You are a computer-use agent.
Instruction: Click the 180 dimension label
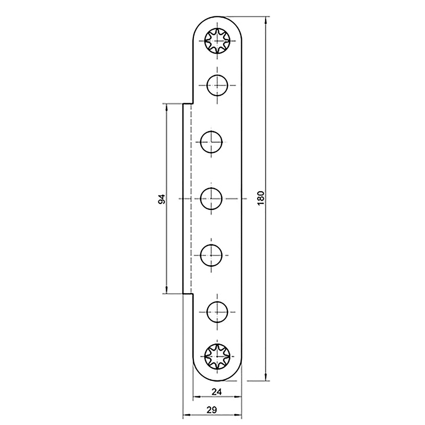click(x=260, y=198)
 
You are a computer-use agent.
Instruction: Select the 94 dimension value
click(x=161, y=199)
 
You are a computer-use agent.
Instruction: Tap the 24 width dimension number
click(x=217, y=392)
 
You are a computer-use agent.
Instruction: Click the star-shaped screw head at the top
click(x=217, y=41)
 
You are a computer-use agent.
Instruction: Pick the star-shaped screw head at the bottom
click(x=217, y=355)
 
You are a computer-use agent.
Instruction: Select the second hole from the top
click(x=217, y=85)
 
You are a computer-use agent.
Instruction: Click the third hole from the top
click(x=211, y=142)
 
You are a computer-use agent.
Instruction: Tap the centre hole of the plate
click(x=211, y=199)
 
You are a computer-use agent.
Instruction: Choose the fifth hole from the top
click(x=211, y=255)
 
